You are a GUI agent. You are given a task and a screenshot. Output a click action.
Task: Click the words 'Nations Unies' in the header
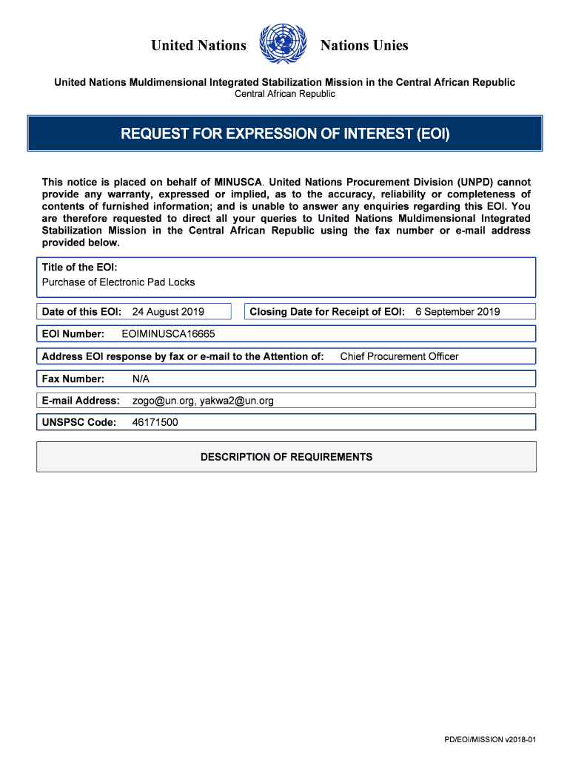click(363, 46)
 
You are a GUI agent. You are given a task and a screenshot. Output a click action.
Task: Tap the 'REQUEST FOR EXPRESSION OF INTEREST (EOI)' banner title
click(285, 134)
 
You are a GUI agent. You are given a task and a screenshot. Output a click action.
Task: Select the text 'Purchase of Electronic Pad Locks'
click(118, 282)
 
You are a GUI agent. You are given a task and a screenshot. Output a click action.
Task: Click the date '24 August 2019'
click(168, 312)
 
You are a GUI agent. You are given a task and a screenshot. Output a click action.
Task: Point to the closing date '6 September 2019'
click(457, 312)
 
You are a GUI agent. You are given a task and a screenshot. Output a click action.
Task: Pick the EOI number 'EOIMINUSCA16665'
click(168, 334)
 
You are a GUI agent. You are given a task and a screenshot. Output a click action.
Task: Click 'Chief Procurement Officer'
click(399, 356)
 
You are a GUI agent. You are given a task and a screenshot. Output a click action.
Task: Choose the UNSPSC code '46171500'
click(155, 423)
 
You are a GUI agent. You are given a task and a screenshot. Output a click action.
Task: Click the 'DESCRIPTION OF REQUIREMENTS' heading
click(286, 457)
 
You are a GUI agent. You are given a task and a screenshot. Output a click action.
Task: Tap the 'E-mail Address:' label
click(81, 401)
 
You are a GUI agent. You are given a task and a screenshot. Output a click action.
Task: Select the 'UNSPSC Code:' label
click(79, 423)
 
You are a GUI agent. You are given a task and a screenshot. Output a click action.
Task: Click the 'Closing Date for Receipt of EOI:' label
click(327, 312)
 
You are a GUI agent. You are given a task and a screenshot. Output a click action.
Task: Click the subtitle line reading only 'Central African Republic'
click(285, 94)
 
